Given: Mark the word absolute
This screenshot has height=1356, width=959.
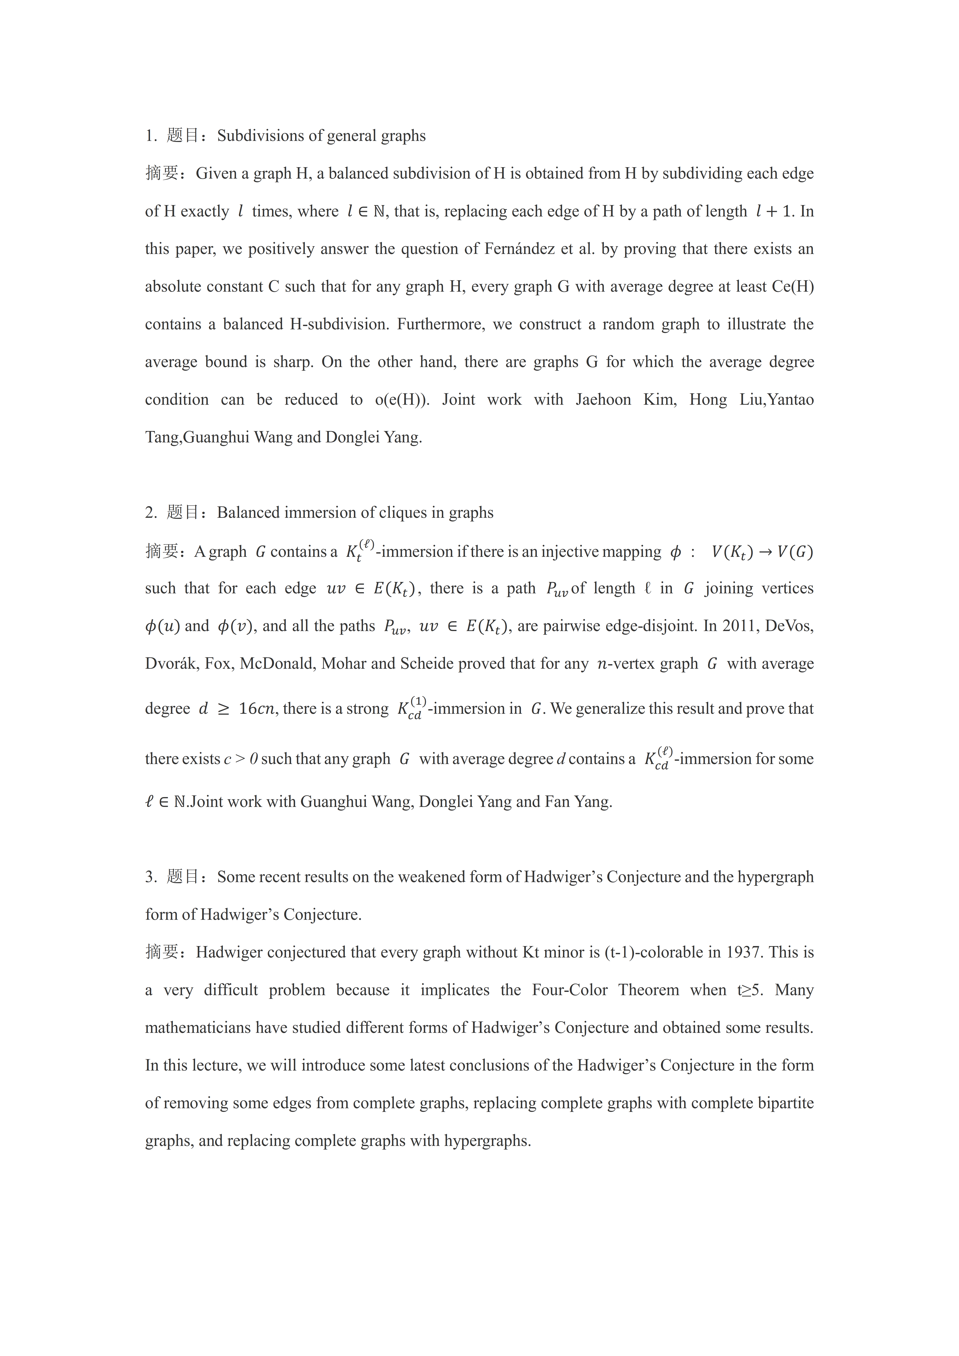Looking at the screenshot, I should coord(173,286).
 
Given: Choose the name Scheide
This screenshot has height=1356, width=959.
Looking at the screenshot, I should coord(427,664).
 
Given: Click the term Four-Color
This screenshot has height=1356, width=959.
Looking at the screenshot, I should coord(570,990).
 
